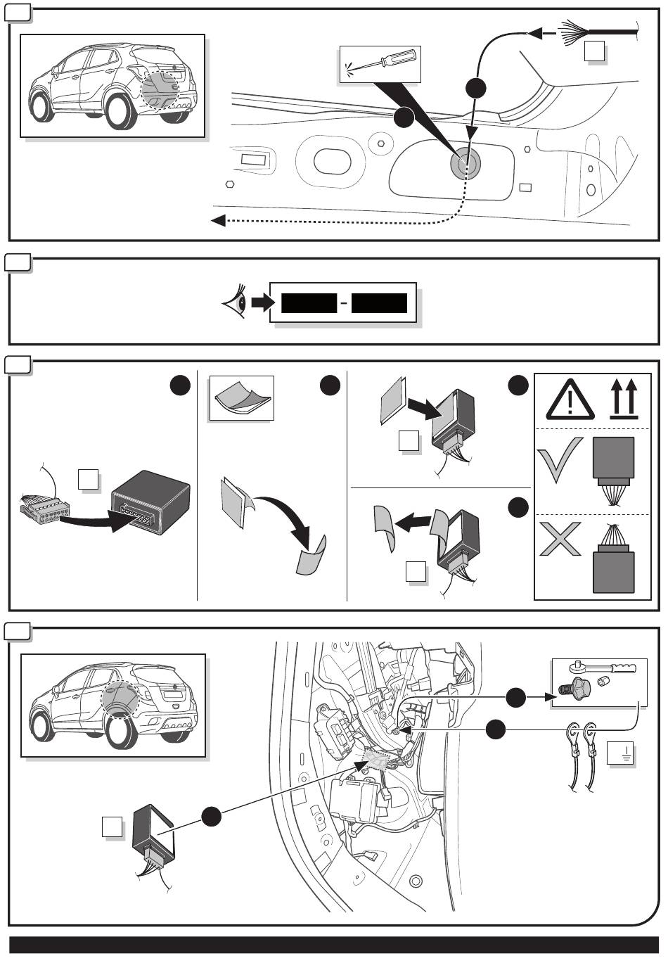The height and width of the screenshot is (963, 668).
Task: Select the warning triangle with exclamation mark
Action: click(x=565, y=401)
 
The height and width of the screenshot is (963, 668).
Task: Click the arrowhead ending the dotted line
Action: click(x=218, y=221)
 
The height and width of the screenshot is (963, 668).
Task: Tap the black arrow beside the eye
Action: click(x=262, y=302)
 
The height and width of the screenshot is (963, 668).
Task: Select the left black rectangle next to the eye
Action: click(x=309, y=303)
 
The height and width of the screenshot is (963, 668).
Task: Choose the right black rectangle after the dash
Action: click(x=380, y=303)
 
